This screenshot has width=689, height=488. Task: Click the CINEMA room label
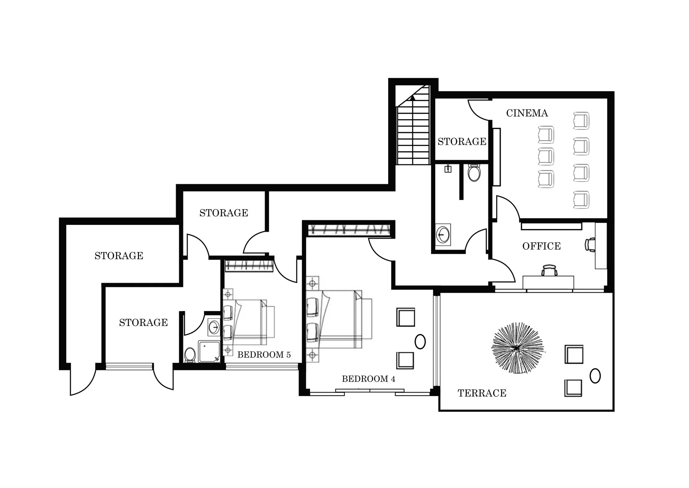click(527, 113)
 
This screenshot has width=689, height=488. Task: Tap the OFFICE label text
click(541, 246)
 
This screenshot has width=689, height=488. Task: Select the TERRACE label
click(482, 393)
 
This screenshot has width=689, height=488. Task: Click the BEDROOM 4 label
click(368, 379)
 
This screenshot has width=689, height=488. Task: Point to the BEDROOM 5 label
click(264, 355)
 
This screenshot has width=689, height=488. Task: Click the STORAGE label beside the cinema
click(462, 141)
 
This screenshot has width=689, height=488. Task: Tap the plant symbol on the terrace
click(517, 348)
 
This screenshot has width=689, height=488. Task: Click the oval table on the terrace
click(595, 376)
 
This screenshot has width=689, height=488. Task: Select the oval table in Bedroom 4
click(420, 341)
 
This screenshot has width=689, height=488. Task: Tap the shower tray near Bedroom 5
click(209, 352)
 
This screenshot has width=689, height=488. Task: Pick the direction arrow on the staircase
click(412, 98)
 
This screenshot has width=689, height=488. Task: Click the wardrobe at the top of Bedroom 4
click(349, 230)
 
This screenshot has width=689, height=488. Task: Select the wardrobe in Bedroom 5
click(249, 265)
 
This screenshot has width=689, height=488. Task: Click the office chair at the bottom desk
click(549, 270)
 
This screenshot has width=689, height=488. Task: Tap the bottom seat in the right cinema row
click(581, 200)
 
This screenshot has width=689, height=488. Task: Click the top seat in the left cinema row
click(546, 135)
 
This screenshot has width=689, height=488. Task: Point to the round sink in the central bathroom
click(443, 234)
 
